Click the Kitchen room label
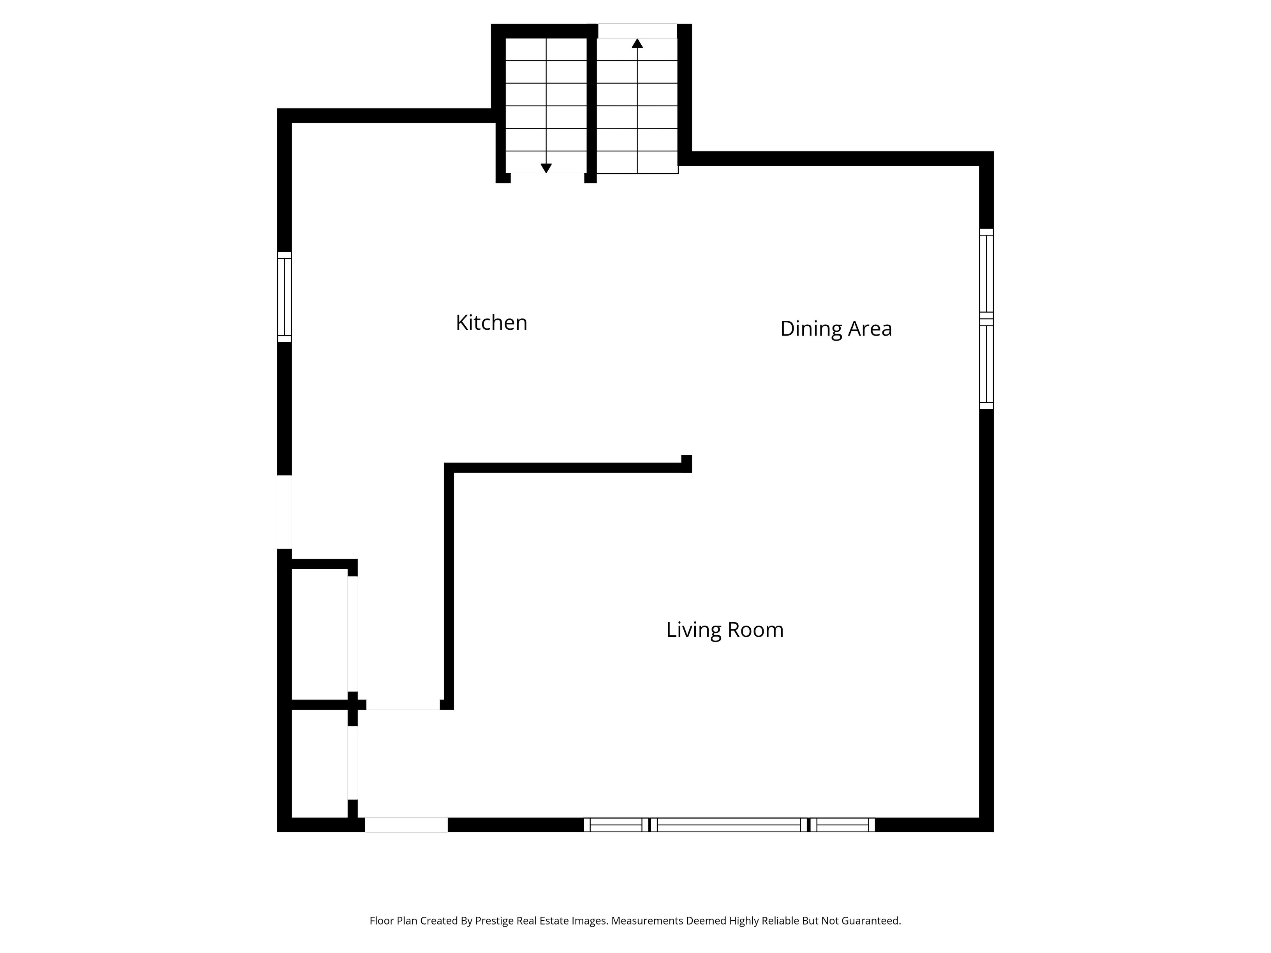point(491,322)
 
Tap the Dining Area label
point(836,329)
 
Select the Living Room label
point(725,629)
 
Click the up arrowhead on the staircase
point(637,43)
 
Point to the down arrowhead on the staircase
point(546,168)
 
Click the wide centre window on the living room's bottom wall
point(729,825)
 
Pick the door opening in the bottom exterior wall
point(406,825)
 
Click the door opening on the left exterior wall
point(284,512)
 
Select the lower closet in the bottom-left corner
point(319,763)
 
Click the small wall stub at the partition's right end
point(687,464)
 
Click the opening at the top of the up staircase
point(637,31)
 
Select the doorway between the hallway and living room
point(403,705)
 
